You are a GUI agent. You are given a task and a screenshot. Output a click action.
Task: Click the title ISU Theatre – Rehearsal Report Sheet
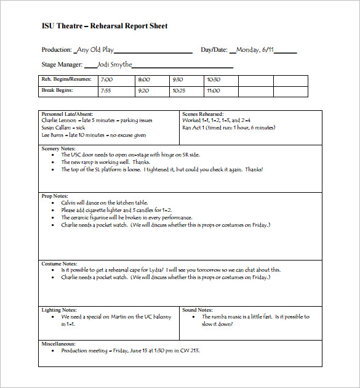(104, 26)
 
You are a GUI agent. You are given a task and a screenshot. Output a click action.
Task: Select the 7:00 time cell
(106, 79)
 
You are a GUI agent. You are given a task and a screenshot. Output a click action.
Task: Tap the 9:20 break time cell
(143, 91)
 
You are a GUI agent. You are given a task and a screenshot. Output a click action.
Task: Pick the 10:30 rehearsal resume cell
(214, 79)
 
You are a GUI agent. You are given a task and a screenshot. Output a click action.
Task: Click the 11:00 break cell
(214, 91)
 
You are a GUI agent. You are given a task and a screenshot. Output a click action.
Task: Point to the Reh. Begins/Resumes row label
(66, 79)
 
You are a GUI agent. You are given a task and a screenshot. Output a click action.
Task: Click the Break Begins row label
(57, 91)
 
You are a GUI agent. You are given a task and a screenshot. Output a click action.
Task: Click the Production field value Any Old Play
(95, 50)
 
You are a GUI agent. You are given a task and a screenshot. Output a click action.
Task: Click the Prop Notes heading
(54, 196)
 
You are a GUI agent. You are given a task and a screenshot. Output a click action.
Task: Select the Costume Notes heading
(59, 264)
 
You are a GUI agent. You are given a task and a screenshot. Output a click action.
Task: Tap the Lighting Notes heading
(60, 310)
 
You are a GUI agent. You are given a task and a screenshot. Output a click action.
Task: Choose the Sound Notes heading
(198, 310)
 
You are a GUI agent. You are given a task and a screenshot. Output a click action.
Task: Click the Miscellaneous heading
(58, 344)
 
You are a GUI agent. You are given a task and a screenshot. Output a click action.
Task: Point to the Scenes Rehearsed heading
(203, 115)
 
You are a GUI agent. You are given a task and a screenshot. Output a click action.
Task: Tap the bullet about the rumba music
(255, 320)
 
